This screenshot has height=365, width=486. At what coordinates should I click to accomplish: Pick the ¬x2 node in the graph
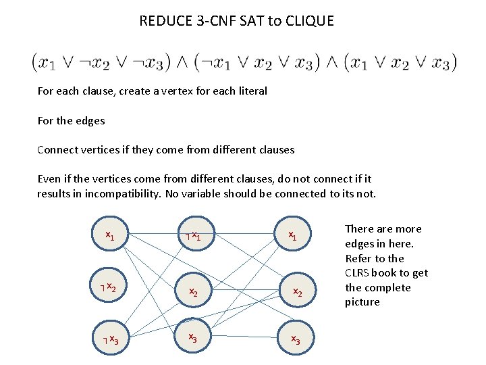tap(107, 288)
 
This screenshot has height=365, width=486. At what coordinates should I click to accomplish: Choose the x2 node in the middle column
tap(193, 292)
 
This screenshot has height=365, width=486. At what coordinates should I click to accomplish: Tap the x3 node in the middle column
tap(193, 337)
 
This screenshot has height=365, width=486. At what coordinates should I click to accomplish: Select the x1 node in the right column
tap(293, 236)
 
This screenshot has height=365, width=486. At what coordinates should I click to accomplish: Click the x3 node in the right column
tap(296, 339)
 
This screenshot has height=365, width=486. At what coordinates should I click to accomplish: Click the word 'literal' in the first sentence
tap(252, 91)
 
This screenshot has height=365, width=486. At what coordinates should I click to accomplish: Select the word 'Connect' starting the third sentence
tap(58, 149)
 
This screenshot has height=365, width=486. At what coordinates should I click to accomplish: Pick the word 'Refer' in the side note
tap(358, 258)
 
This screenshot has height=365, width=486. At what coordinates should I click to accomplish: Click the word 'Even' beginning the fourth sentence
tap(49, 179)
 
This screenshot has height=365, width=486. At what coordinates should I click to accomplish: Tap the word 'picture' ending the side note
tap(362, 302)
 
